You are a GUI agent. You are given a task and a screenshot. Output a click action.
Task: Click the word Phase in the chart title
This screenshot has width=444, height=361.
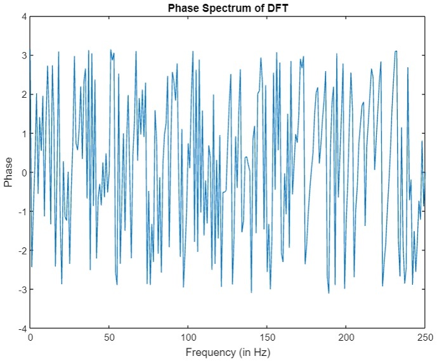tap(181, 8)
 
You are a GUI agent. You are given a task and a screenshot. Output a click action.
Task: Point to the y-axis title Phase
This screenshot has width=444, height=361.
tap(8, 173)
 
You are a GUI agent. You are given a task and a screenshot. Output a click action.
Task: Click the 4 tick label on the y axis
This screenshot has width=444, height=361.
tap(23, 16)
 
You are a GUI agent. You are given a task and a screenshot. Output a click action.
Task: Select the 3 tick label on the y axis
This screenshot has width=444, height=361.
tap(23, 55)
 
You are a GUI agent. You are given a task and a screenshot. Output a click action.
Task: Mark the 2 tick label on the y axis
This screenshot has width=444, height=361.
tap(23, 95)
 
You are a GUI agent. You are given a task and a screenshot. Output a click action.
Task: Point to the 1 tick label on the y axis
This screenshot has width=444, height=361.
tap(23, 133)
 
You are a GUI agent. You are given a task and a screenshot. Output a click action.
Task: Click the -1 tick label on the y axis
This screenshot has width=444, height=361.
tap(22, 212)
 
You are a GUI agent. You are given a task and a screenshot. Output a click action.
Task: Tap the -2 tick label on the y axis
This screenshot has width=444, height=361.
tap(22, 251)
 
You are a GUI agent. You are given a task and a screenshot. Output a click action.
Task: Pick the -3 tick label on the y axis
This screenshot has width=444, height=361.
tap(22, 290)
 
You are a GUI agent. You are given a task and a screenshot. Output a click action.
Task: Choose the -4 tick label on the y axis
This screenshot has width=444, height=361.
tap(22, 329)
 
